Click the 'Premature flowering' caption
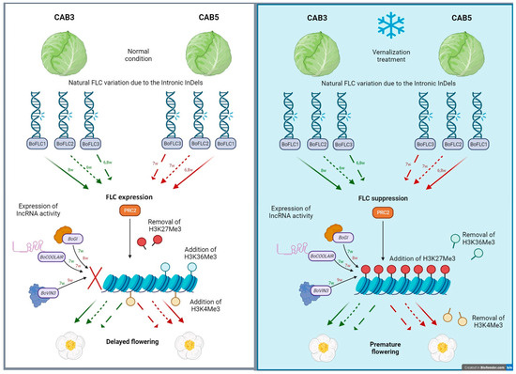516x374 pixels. (x=387, y=328)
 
